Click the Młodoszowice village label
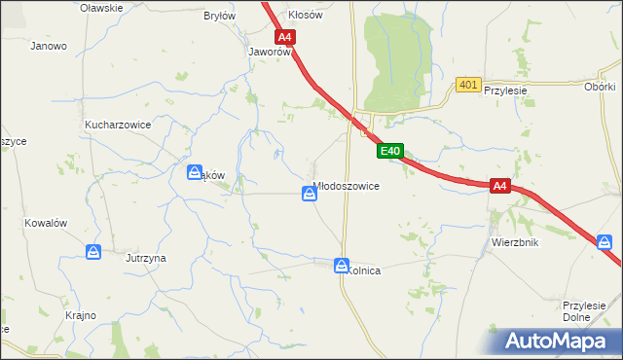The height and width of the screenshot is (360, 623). (346, 185)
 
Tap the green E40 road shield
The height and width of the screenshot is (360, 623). (389, 151)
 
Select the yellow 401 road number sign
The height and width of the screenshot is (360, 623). (467, 86)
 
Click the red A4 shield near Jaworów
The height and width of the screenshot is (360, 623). (284, 38)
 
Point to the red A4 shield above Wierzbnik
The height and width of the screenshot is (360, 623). (499, 185)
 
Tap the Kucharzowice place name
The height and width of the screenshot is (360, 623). (115, 126)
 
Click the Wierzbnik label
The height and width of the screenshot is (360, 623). (515, 242)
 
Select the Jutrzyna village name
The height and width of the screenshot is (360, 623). (146, 258)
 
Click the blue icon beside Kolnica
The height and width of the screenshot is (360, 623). (342, 265)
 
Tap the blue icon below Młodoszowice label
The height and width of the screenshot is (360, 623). (309, 195)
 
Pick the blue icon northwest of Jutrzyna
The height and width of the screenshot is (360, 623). (93, 252)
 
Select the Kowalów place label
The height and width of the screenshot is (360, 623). (46, 223)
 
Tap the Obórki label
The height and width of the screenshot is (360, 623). (600, 86)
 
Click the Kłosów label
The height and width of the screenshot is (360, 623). (305, 16)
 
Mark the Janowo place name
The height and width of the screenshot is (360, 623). (49, 46)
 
